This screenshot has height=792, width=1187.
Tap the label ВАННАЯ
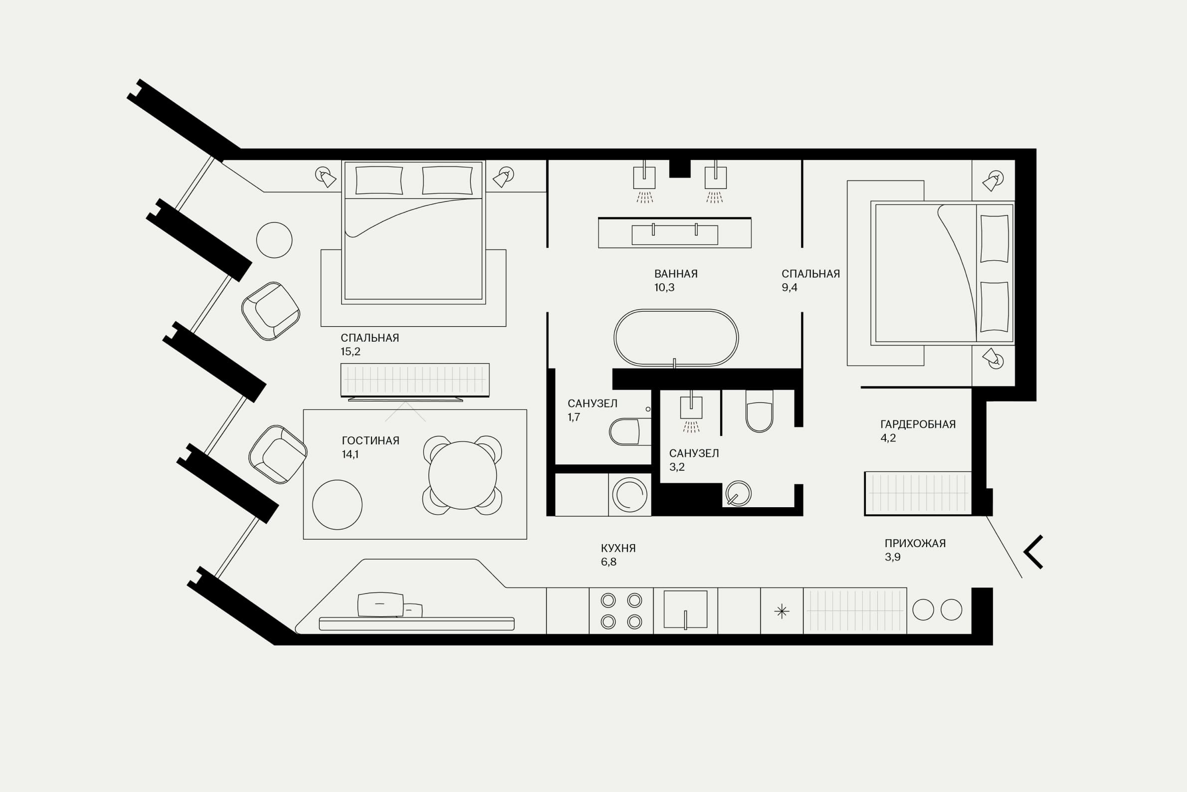coord(676,274)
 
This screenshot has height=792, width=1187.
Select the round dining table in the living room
coord(463,475)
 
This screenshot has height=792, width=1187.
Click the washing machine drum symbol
coord(629,495)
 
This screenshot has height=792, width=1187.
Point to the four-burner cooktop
coord(621,610)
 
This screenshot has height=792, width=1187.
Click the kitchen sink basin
coord(685,608)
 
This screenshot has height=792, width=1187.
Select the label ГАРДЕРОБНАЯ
coord(918,424)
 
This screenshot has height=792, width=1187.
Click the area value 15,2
coord(351,352)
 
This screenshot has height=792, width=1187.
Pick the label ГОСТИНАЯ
coord(370,440)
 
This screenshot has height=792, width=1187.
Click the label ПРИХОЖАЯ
coord(915,544)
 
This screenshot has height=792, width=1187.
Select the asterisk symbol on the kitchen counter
coord(782,611)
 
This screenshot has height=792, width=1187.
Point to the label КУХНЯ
coord(618,548)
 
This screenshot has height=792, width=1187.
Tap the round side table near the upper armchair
coord(274,240)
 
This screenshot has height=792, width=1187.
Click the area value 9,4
coord(789,287)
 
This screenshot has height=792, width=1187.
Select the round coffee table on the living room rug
coord(338,505)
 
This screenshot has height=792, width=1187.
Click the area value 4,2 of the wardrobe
coord(888,438)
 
